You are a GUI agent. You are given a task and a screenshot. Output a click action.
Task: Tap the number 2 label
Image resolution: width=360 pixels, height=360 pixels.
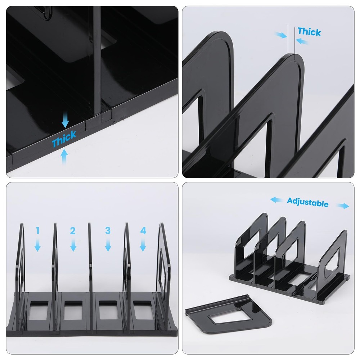[x=73, y=231]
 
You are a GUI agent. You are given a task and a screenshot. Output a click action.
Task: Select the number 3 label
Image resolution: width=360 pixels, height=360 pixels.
[x=108, y=231]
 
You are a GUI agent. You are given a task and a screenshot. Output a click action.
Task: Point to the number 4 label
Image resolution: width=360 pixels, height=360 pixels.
[x=143, y=231]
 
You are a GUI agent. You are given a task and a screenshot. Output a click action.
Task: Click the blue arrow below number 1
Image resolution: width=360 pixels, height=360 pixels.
[x=37, y=246]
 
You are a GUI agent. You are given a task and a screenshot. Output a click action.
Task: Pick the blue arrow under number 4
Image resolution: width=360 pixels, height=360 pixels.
[x=143, y=246]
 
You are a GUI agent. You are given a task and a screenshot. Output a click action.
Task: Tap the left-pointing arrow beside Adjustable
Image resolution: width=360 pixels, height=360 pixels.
[x=276, y=199]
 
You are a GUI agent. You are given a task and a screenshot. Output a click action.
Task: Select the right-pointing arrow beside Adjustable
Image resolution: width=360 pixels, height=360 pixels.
[x=343, y=206]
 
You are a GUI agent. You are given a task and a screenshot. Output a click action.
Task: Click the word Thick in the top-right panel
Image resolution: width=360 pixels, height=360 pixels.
[x=309, y=32]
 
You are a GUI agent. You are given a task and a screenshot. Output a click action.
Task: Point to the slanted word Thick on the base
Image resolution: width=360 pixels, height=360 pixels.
[x=64, y=139]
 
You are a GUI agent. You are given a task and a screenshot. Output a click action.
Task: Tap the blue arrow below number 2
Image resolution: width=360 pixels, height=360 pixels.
[x=73, y=246]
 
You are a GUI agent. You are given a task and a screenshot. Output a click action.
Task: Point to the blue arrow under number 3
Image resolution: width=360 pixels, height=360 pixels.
[x=108, y=246]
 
